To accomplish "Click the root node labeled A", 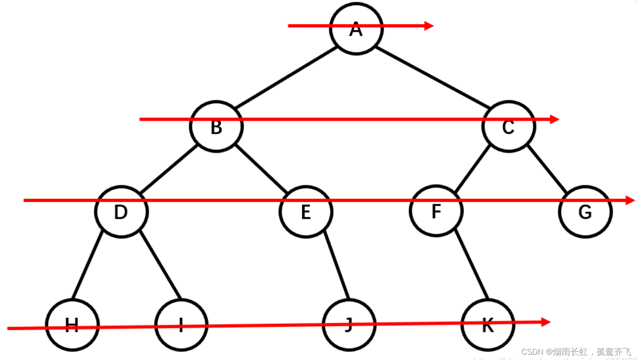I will point(356,29).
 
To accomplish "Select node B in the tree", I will point(216,127).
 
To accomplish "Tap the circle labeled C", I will point(508,127).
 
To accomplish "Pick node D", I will point(121,212).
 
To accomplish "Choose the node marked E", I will point(306,212).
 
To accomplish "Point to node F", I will point(436,211).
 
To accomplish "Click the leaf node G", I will point(585,212).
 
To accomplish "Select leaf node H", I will point(72,325).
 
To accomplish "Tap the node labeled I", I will point(181,325).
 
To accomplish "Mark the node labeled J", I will point(349,325).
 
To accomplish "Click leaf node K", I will point(488,325).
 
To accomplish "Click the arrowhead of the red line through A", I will point(429,26).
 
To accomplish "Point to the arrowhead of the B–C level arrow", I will point(555,119).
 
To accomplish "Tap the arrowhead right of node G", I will point(630,200).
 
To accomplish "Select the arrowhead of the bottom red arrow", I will point(546,322).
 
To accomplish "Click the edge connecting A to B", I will point(286,78).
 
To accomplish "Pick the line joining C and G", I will point(547,169).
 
